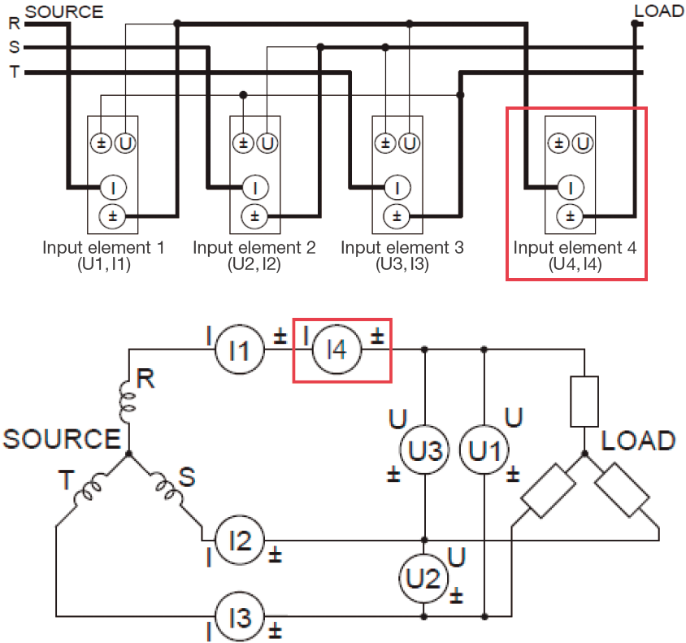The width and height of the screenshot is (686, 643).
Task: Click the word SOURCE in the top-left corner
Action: click(x=64, y=11)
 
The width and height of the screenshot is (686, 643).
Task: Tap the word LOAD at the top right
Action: click(x=658, y=11)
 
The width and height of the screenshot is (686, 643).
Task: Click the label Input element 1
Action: click(x=103, y=247)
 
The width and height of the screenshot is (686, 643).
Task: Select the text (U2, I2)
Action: click(x=254, y=263)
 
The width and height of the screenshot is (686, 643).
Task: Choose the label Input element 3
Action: click(x=402, y=247)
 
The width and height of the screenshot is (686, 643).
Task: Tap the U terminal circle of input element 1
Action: click(x=125, y=144)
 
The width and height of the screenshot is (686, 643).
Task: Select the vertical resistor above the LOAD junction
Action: click(x=584, y=402)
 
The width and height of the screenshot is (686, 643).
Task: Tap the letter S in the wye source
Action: click(x=187, y=476)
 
